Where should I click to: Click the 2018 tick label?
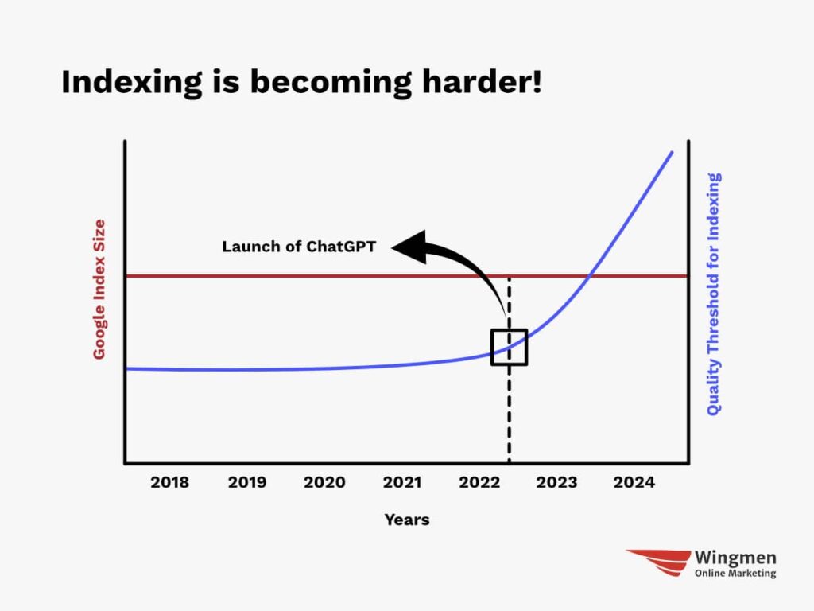(170, 482)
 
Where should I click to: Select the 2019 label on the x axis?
(247, 482)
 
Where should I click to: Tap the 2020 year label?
(324, 482)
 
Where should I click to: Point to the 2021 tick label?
(401, 482)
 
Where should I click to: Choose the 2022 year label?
(479, 482)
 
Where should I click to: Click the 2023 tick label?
(556, 482)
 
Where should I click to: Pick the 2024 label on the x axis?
(634, 482)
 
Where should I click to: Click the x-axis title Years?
(407, 520)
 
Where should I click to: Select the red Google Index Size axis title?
(99, 289)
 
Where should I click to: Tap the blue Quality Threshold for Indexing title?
(714, 294)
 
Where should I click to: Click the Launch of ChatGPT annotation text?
(299, 247)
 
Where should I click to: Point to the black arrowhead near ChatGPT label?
(409, 247)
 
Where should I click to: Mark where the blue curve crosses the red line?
(590, 276)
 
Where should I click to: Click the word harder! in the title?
(482, 82)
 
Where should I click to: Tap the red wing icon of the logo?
(659, 562)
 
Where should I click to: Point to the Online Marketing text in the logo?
(735, 573)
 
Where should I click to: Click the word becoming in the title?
(331, 83)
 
